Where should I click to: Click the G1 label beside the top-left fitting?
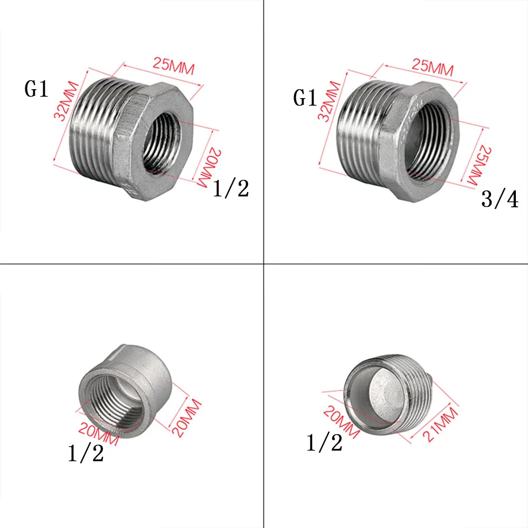pyautogui.click(x=36, y=89)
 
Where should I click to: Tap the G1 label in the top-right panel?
pyautogui.click(x=305, y=98)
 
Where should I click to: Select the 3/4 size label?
pyautogui.click(x=499, y=199)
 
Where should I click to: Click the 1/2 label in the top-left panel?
pyautogui.click(x=231, y=188)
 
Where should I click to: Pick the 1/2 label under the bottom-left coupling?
pyautogui.click(x=86, y=453)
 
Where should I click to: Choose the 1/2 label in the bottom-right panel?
pyautogui.click(x=324, y=442)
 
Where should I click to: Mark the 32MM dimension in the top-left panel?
pyautogui.click(x=66, y=101)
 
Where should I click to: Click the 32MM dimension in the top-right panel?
pyautogui.click(x=329, y=101)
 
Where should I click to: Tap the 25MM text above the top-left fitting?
pyautogui.click(x=174, y=65)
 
